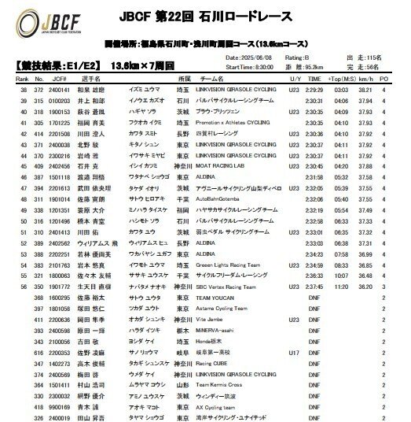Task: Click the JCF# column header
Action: pos(55,79)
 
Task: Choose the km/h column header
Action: pos(365,79)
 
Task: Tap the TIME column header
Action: pos(314,79)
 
